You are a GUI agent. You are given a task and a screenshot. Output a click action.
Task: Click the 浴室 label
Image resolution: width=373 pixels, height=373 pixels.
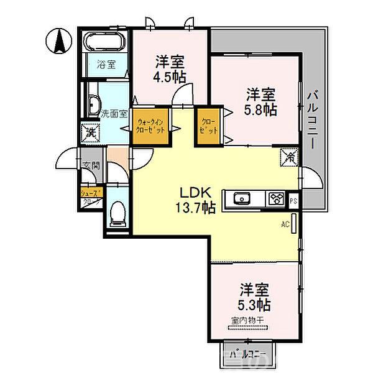[x=105, y=64]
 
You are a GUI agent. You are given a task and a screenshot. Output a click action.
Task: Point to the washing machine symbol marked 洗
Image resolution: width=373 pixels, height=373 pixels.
[x=90, y=132]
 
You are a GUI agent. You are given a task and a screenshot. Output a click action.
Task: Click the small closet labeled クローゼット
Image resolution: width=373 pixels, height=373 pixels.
[x=208, y=127]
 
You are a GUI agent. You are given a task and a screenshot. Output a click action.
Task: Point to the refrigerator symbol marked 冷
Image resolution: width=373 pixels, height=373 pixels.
[x=290, y=157]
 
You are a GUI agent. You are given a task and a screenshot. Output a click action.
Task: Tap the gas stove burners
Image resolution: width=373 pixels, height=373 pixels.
[x=275, y=199]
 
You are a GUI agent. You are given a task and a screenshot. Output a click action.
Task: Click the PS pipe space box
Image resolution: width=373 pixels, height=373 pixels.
[x=293, y=200]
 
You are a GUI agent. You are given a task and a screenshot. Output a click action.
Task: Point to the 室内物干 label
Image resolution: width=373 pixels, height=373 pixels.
[x=247, y=321]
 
